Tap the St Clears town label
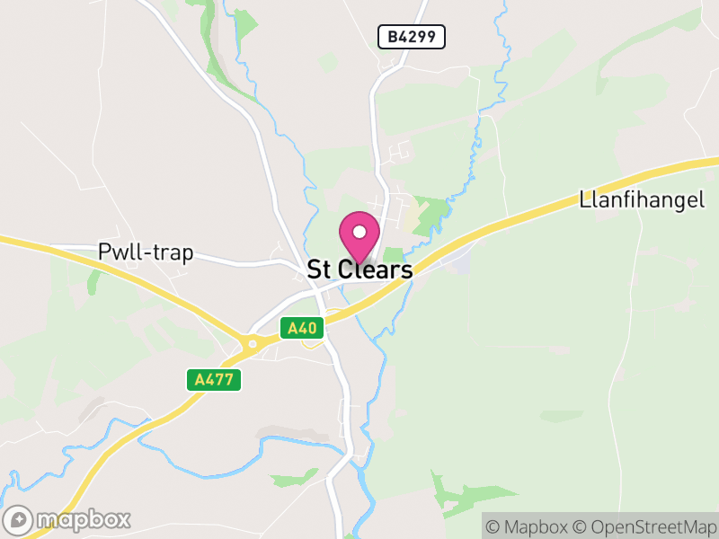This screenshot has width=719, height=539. point(359,269)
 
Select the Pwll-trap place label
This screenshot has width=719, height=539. point(146,252)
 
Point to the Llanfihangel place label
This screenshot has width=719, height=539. point(640,199)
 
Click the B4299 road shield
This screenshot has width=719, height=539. point(412,37)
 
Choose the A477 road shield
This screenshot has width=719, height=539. point(214,379)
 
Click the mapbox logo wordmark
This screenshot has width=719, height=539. point(84,519)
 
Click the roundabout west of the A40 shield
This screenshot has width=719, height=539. point(253,342)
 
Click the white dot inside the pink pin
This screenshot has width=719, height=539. point(359,232)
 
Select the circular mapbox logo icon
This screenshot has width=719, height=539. point(20,519)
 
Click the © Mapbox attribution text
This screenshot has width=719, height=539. point(528,526)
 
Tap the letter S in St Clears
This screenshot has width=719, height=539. point(315,269)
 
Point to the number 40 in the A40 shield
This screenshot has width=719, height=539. point(306,329)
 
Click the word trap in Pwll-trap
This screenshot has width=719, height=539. point(174,252)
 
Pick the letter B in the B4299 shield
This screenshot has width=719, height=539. point(393,37)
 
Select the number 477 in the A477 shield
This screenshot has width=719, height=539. point(219,379)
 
